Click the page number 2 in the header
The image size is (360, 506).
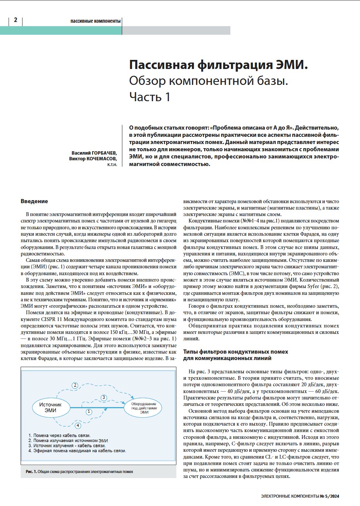(x=16, y=20)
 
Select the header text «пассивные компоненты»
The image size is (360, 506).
(x=96, y=21)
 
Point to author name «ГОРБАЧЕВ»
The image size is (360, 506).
(x=104, y=153)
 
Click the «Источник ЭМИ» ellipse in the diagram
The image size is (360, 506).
(x=51, y=408)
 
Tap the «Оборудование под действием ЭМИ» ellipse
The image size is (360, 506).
(x=144, y=408)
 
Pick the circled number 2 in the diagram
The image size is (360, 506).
(x=75, y=385)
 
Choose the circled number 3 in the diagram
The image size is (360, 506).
(x=104, y=398)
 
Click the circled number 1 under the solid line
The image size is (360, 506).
(x=89, y=411)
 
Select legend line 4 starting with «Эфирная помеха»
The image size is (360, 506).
(x=77, y=451)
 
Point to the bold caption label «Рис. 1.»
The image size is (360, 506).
(x=31, y=472)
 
